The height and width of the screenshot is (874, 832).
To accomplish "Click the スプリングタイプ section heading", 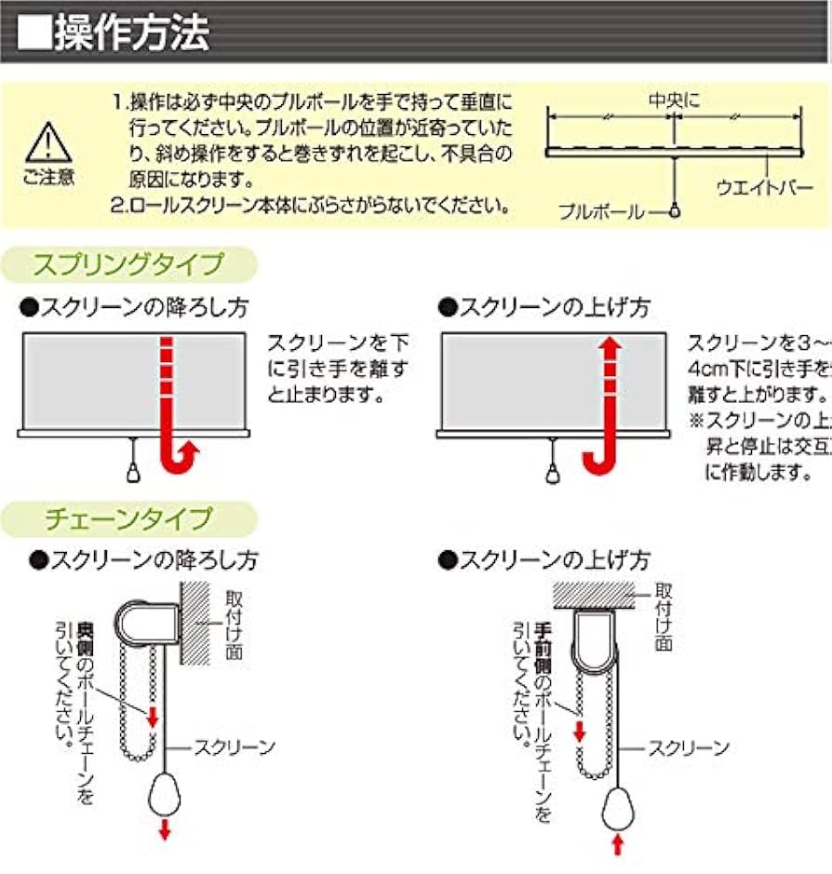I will click(128, 264).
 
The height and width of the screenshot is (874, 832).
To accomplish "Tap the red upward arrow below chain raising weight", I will click(617, 845).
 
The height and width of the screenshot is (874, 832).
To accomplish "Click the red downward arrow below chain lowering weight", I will click(166, 830).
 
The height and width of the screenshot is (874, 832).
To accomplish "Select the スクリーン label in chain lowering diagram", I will click(234, 746).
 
